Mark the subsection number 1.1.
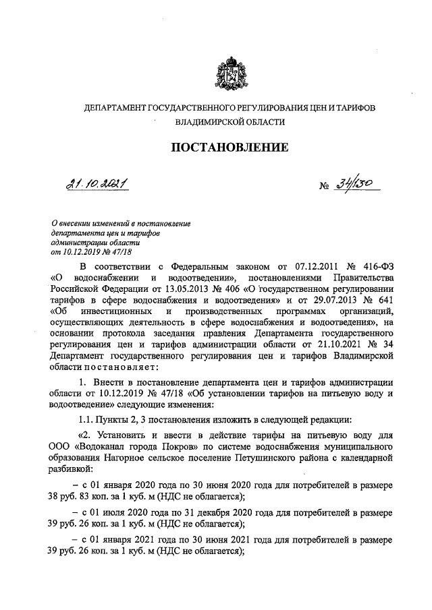click(88, 419)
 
